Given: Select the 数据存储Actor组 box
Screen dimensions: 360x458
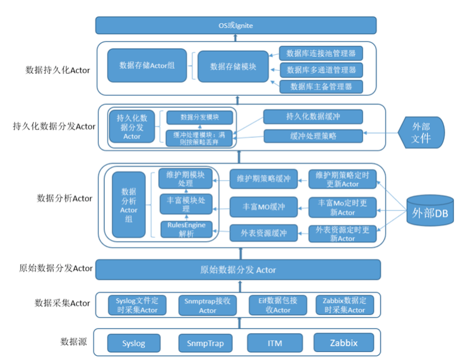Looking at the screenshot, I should pyautogui.click(x=147, y=65).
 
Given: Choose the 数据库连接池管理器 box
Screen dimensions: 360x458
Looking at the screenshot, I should pyautogui.click(x=321, y=52).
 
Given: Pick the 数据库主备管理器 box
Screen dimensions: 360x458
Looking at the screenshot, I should pyautogui.click(x=321, y=86).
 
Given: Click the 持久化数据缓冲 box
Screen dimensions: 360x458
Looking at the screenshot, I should pyautogui.click(x=313, y=117).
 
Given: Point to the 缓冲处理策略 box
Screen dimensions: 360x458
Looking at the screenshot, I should pyautogui.click(x=313, y=135).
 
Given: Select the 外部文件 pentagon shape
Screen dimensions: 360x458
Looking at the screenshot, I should pyautogui.click(x=421, y=132).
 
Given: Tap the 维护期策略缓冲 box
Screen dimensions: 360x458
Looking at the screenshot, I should pyautogui.click(x=263, y=179).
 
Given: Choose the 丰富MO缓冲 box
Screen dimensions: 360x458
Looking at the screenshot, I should pyautogui.click(x=263, y=207).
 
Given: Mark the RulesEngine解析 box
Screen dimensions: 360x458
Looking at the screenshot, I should pyautogui.click(x=187, y=229).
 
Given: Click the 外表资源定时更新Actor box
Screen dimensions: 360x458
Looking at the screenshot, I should pyautogui.click(x=342, y=234).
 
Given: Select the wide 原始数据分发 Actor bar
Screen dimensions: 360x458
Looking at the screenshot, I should pyautogui.click(x=238, y=270).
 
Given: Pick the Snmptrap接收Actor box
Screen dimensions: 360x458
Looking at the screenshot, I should pyautogui.click(x=207, y=305).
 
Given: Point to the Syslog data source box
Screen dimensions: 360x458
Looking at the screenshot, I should pyautogui.click(x=134, y=343).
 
